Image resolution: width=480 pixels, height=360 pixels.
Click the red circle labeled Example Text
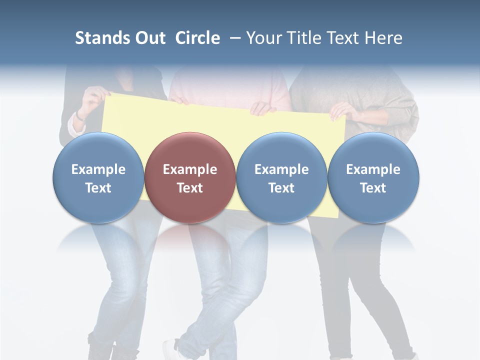(x=190, y=177)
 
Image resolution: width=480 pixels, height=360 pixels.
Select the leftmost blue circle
(x=98, y=177)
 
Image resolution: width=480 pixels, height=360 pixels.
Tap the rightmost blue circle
(x=373, y=177)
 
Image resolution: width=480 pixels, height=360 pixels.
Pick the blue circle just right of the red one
(x=281, y=177)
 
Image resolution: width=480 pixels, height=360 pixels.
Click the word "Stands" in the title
(x=102, y=38)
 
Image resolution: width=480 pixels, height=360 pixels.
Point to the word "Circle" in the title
(x=197, y=38)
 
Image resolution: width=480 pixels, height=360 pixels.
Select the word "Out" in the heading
(x=149, y=38)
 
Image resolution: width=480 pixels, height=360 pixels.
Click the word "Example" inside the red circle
(x=190, y=169)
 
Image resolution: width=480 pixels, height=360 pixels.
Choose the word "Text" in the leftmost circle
(x=98, y=188)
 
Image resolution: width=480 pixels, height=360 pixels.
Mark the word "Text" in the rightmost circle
(x=373, y=188)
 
